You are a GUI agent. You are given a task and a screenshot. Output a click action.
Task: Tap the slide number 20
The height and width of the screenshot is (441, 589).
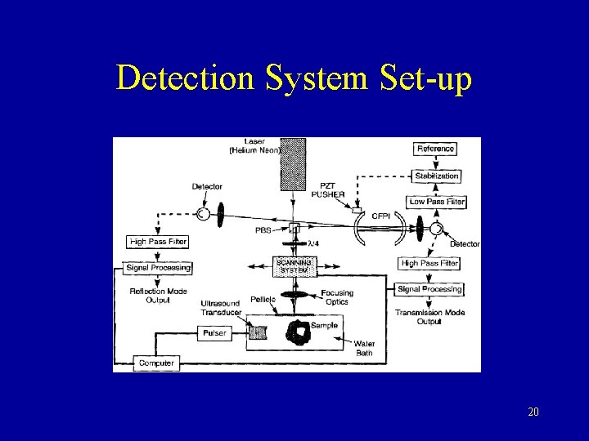533,412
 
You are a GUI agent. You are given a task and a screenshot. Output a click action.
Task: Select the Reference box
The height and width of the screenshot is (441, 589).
435,149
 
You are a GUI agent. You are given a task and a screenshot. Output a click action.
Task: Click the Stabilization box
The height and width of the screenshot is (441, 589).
436,176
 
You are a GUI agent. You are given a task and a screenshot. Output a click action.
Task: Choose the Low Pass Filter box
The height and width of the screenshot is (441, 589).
436,202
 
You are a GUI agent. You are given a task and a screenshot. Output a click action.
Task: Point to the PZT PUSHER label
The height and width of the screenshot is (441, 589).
328,190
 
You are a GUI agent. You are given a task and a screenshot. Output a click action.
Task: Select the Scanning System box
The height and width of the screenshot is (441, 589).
293,266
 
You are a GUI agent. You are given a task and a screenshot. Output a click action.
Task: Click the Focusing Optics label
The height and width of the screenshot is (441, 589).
337,297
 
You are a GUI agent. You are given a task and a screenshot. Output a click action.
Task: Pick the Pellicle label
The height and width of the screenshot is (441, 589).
263,300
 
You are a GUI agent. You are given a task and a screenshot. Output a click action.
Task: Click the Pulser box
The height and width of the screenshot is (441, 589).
214,333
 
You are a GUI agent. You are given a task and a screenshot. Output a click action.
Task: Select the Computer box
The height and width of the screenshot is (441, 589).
155,363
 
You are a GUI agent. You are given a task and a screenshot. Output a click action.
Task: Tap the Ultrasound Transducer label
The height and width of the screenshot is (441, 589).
220,308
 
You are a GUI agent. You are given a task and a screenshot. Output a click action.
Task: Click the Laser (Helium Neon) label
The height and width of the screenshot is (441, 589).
256,147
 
